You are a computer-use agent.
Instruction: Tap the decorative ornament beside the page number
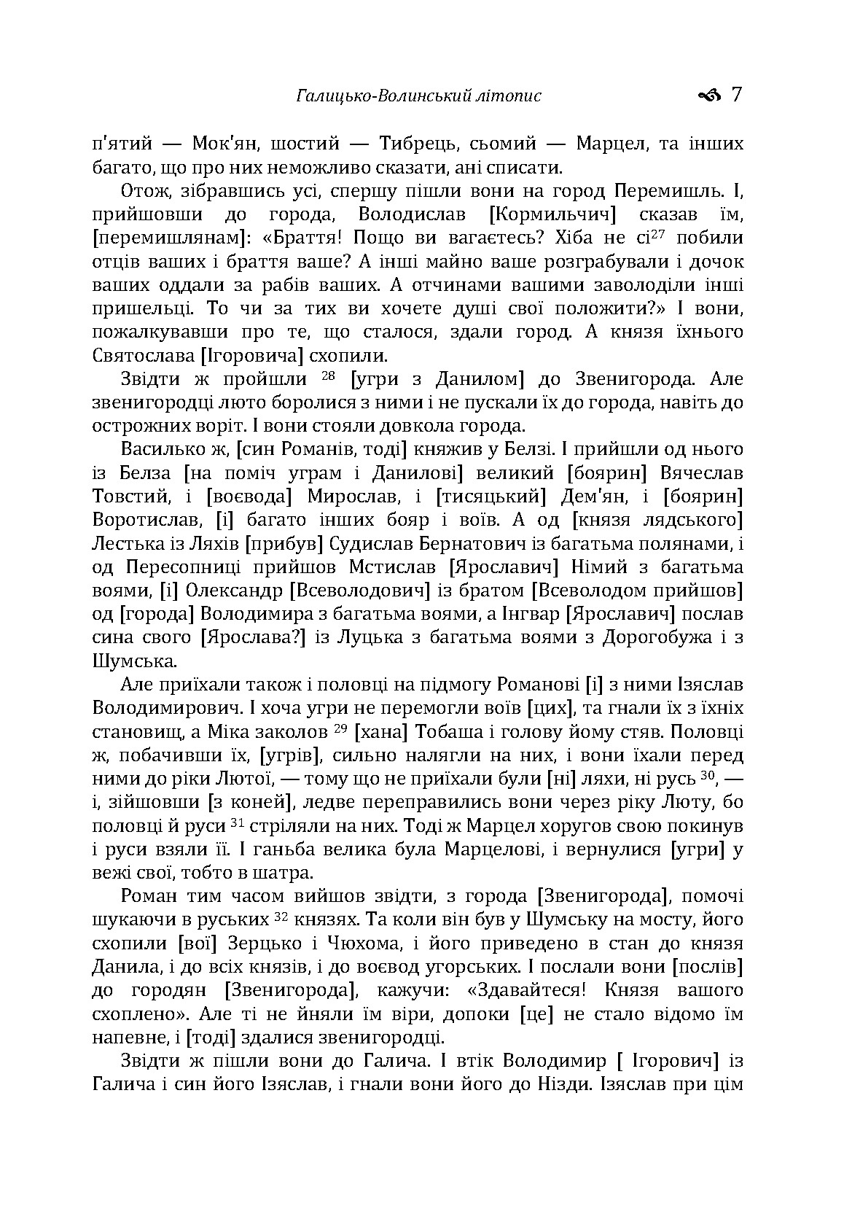tap(708, 95)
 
